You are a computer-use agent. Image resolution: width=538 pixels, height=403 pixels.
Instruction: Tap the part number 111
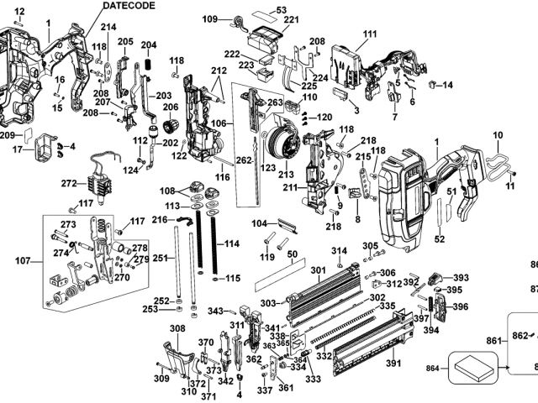click(x=371, y=34)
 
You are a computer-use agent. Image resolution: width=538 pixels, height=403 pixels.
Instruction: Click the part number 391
click(x=393, y=364)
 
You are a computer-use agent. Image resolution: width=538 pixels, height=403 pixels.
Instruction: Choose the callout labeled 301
click(x=317, y=270)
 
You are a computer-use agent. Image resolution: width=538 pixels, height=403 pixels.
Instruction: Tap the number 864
click(x=432, y=368)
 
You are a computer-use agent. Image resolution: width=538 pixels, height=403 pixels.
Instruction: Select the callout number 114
click(x=232, y=243)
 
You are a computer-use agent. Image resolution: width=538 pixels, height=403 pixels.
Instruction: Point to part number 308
click(x=177, y=328)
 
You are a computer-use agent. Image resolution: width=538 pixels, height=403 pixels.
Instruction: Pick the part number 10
click(x=498, y=134)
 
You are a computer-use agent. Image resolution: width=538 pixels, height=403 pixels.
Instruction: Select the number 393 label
click(x=461, y=278)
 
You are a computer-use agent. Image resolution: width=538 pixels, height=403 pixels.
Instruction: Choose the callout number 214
click(x=108, y=27)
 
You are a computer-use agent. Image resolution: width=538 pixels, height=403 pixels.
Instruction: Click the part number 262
click(x=244, y=160)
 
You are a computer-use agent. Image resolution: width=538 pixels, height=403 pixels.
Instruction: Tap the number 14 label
click(x=447, y=85)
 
